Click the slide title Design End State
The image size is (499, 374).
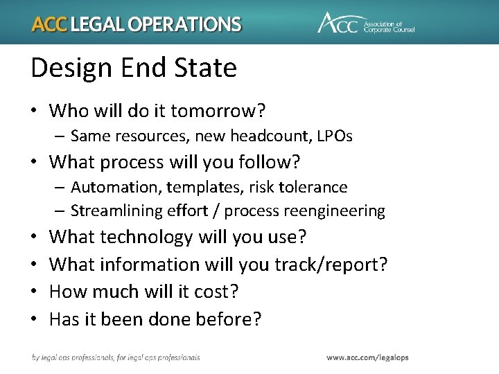tap(134, 68)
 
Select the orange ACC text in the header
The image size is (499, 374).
tap(49, 24)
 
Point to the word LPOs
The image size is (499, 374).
tap(334, 136)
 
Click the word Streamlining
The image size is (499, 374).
tap(110, 211)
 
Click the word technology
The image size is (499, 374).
tap(146, 237)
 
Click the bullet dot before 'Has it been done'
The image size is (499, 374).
tap(36, 319)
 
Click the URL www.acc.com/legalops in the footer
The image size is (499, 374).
tap(367, 357)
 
